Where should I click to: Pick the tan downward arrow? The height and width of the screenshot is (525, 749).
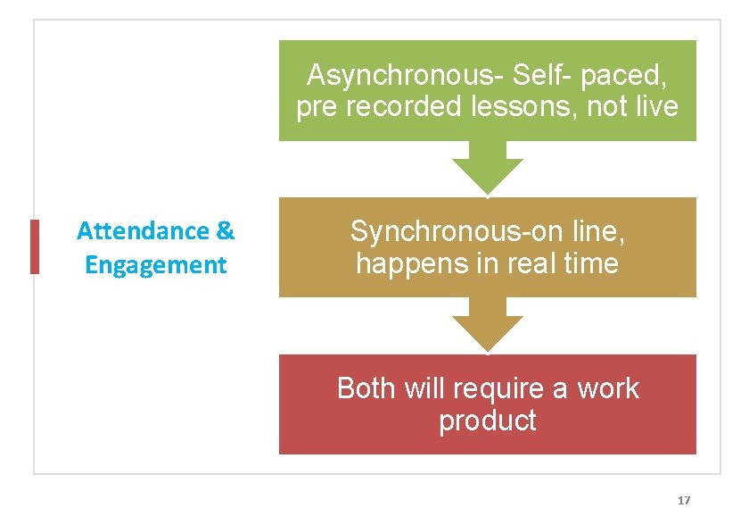[487, 325]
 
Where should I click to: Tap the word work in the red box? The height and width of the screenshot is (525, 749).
[608, 388]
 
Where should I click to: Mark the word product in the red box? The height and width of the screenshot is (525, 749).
[487, 421]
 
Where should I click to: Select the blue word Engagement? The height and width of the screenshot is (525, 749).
[155, 265]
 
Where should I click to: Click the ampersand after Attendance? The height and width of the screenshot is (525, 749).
[226, 231]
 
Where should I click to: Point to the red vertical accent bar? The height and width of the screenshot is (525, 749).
[35, 246]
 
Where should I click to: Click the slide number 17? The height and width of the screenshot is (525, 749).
[684, 500]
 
